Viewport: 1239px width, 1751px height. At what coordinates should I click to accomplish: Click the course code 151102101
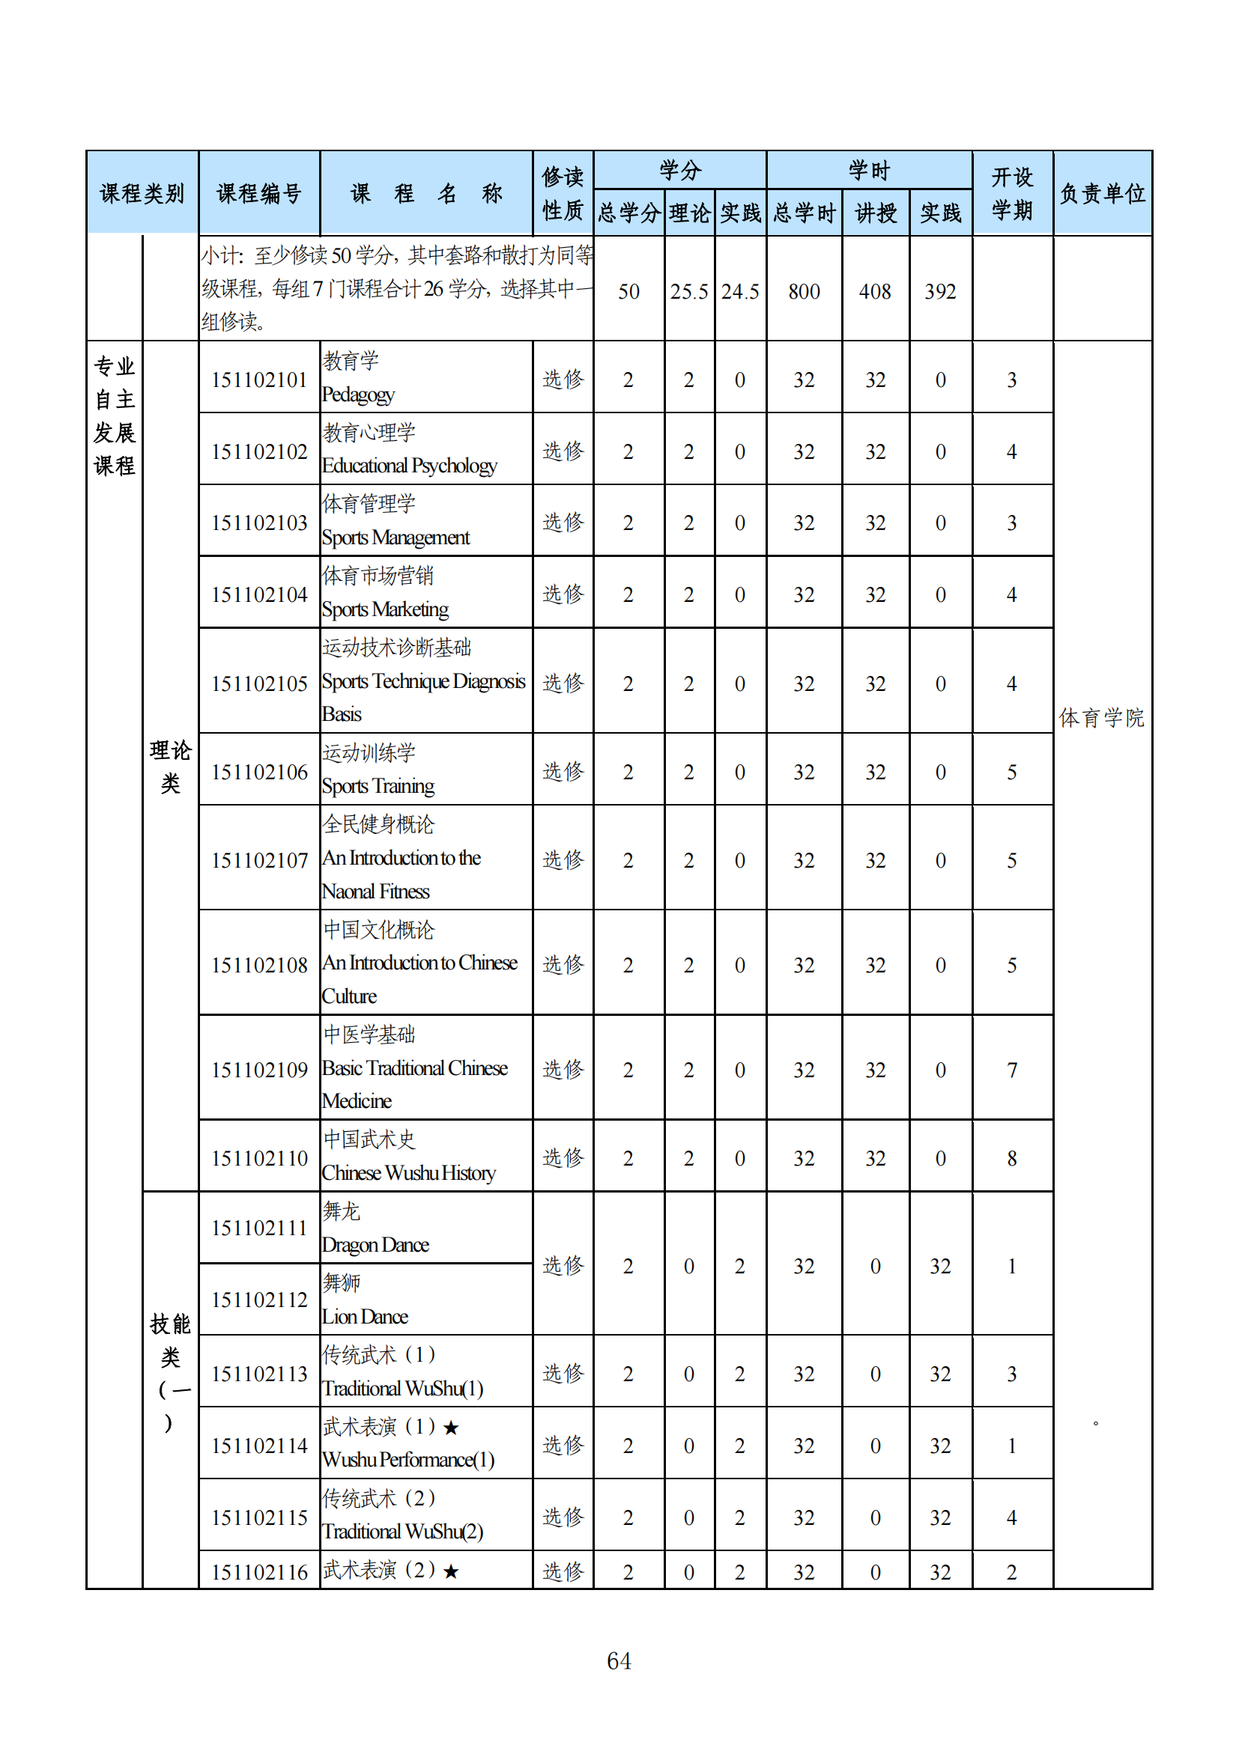click(258, 380)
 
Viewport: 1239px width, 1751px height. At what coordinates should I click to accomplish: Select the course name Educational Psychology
click(409, 465)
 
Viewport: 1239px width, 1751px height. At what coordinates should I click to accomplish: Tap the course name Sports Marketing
click(384, 609)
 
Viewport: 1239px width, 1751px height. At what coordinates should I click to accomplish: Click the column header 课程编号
click(258, 194)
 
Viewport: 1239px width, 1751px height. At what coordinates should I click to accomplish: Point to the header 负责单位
click(1102, 194)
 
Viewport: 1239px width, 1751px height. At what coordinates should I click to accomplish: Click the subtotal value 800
click(803, 291)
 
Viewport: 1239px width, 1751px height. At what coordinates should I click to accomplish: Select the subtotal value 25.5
click(689, 291)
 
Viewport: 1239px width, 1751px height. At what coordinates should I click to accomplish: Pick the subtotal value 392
click(940, 291)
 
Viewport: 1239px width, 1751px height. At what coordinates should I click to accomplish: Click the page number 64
click(619, 1660)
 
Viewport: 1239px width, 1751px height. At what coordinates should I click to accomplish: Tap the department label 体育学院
click(1102, 718)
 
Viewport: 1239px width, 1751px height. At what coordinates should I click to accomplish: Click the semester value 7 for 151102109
click(1011, 1070)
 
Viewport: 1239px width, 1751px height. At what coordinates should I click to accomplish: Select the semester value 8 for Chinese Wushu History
click(1011, 1158)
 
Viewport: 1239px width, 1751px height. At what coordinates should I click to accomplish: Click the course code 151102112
click(258, 1300)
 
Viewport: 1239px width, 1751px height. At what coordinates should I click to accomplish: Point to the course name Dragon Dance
click(375, 1245)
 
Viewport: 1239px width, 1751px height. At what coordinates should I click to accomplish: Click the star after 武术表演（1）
click(451, 1428)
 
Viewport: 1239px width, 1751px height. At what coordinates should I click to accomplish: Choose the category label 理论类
click(170, 767)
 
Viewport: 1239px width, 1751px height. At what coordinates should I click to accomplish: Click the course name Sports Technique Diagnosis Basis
click(422, 681)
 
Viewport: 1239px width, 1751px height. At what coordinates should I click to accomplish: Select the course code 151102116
click(258, 1572)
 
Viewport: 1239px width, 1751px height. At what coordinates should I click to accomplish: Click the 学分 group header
click(679, 170)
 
